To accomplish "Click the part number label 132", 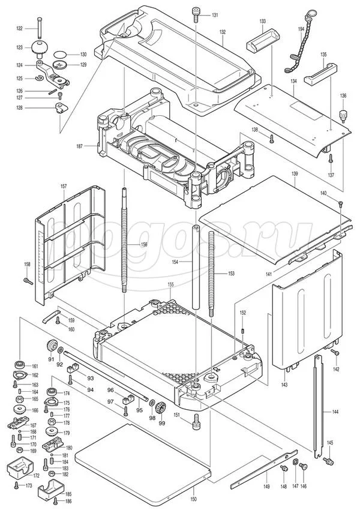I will point(222,31).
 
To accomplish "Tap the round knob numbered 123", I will point(41,47).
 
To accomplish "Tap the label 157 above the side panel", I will point(64,187).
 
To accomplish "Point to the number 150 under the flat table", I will point(193,499).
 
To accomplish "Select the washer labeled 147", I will point(296,463).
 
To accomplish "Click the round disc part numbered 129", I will point(59,64).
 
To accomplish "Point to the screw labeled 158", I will point(28,280).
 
